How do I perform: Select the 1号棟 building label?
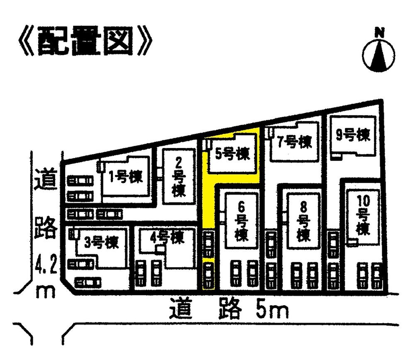(125, 178)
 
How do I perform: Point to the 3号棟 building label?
(101, 241)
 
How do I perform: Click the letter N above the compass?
(378, 32)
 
